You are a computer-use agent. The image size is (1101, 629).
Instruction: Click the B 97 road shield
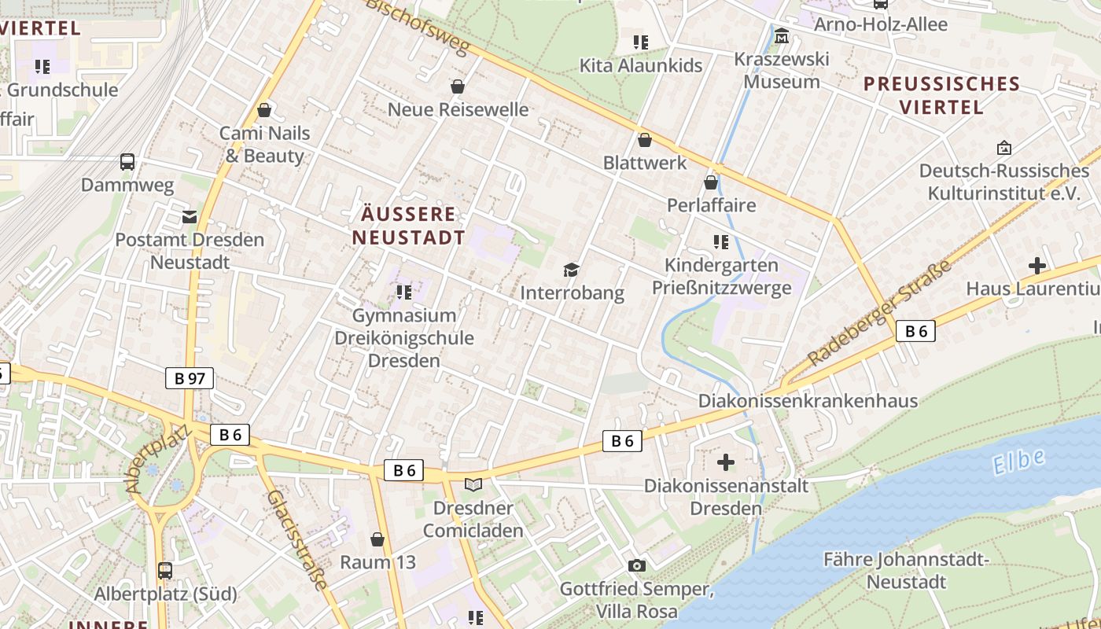pyautogui.click(x=190, y=378)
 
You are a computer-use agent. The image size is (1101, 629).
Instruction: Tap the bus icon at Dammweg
pyautogui.click(x=127, y=162)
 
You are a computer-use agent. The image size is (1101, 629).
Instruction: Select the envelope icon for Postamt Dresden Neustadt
pyautogui.click(x=190, y=216)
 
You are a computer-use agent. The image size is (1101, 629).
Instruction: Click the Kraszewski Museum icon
pyautogui.click(x=782, y=36)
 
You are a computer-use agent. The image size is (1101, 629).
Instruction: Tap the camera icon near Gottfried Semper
pyautogui.click(x=637, y=565)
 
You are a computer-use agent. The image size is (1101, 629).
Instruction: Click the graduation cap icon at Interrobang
pyautogui.click(x=572, y=270)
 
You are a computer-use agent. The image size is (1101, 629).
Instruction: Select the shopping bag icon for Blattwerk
pyautogui.click(x=645, y=140)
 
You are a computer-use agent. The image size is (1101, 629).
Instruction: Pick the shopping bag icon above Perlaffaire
pyautogui.click(x=711, y=182)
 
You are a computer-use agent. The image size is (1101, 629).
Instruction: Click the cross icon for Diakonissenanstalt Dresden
pyautogui.click(x=726, y=462)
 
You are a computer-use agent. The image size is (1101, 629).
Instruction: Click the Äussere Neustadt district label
pyautogui.click(x=408, y=226)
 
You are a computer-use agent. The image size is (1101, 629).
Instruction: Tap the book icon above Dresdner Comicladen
pyautogui.click(x=473, y=484)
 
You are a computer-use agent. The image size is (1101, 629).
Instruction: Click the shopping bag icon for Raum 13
pyautogui.click(x=377, y=539)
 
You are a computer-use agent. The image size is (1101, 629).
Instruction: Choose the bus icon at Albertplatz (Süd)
pyautogui.click(x=165, y=571)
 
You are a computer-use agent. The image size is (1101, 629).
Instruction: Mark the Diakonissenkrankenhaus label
pyautogui.click(x=808, y=401)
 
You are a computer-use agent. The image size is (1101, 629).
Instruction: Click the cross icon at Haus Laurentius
pyautogui.click(x=1037, y=266)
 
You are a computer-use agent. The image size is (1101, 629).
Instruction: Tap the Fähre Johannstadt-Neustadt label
pyautogui.click(x=905, y=571)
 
